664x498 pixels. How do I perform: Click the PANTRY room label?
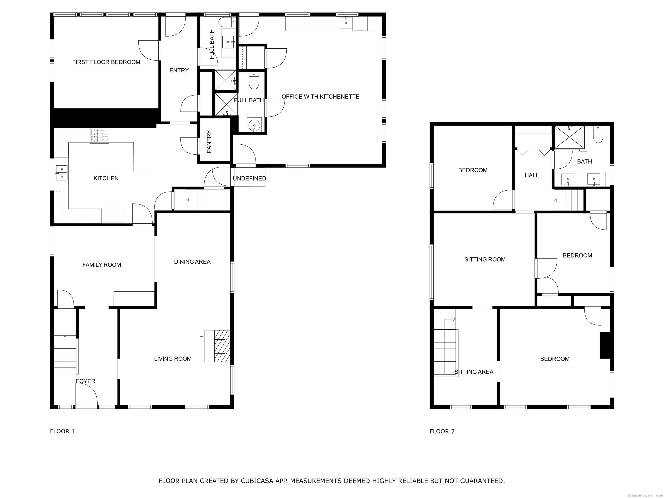209,142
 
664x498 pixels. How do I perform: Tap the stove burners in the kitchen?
100,136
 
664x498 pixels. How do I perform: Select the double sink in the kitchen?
62,174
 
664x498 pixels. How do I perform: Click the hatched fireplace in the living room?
222,346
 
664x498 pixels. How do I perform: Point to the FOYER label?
86,381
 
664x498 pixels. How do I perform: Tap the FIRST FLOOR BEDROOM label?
106,62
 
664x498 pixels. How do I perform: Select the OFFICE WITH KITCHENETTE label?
320,97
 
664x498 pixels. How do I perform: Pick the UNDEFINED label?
249,179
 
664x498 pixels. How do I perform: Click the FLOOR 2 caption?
442,431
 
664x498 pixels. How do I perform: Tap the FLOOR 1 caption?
62,431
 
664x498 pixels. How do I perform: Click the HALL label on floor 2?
532,175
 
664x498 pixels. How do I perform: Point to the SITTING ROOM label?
485,260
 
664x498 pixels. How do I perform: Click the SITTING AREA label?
474,372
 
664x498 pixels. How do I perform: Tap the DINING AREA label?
192,262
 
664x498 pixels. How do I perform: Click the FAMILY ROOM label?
102,265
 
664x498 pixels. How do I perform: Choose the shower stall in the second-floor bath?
569,137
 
